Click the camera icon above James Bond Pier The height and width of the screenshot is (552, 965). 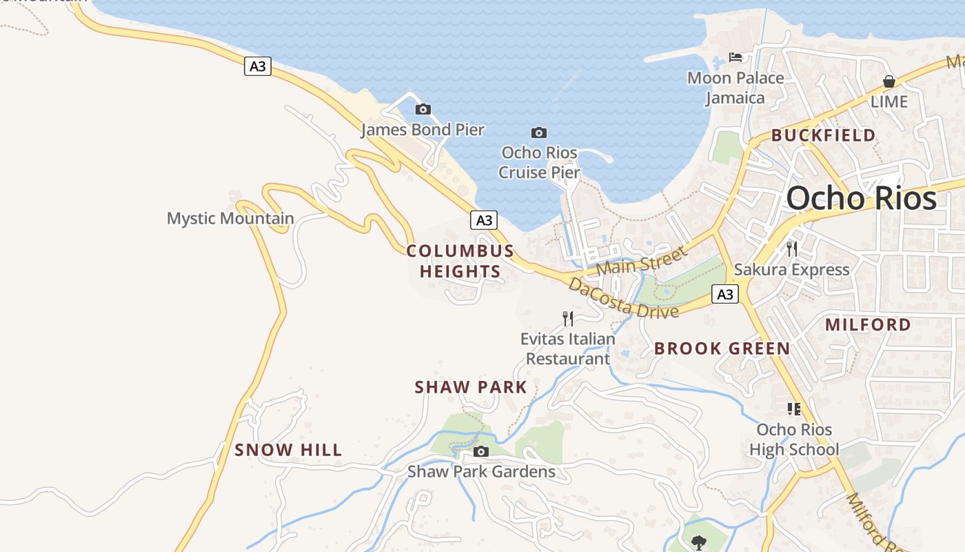click(423, 109)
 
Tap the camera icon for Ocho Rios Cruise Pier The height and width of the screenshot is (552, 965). click(539, 132)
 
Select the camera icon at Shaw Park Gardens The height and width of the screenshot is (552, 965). click(481, 452)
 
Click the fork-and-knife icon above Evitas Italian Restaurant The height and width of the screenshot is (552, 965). click(568, 318)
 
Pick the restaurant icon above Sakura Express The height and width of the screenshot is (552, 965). click(792, 249)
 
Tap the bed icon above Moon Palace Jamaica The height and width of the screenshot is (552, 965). click(736, 57)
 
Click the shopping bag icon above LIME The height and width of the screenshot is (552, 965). click(889, 81)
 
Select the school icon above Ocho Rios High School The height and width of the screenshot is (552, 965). click(794, 409)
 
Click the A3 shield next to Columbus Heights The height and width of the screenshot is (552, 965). click(484, 220)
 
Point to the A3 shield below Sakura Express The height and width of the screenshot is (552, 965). click(724, 295)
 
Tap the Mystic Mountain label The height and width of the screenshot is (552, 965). click(230, 219)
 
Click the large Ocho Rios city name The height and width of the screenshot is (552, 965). click(861, 198)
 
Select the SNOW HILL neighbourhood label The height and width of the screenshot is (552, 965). click(288, 450)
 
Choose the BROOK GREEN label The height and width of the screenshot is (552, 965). click(722, 348)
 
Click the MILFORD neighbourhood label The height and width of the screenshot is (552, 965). click(868, 324)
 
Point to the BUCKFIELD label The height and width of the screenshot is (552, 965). click(823, 135)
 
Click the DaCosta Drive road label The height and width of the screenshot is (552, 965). click(623, 299)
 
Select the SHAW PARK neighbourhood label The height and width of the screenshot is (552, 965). click(471, 387)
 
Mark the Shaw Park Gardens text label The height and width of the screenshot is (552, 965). click(481, 472)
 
